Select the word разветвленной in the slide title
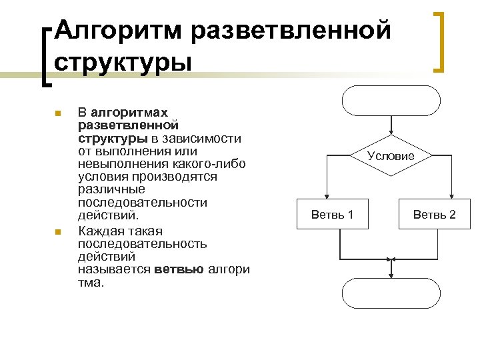[291, 30]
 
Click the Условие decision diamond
[391, 156]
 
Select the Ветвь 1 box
[332, 214]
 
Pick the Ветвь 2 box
[434, 214]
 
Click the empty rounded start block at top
[391, 101]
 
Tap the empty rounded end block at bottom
[391, 293]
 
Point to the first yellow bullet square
[59, 113]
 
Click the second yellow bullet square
[59, 231]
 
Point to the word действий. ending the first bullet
[100, 216]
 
